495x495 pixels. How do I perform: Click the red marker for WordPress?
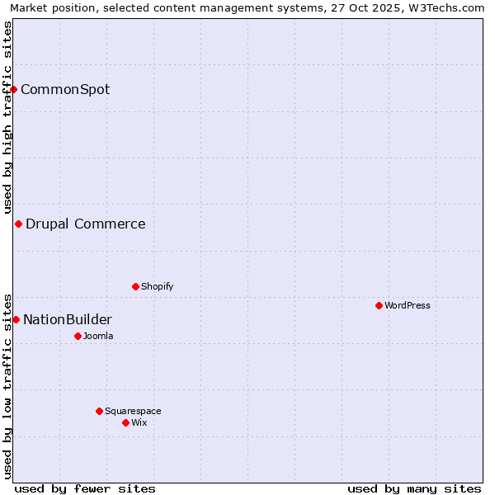pyautogui.click(x=379, y=305)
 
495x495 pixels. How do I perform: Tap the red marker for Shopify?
pyautogui.click(x=135, y=286)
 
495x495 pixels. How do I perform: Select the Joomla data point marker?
pyautogui.click(x=78, y=336)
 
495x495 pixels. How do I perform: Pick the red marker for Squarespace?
pyautogui.click(x=99, y=411)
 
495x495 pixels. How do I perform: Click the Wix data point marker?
pyautogui.click(x=125, y=422)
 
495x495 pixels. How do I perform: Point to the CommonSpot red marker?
pyautogui.click(x=14, y=89)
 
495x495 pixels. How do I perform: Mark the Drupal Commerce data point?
pyautogui.click(x=18, y=224)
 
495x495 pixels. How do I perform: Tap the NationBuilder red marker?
pyautogui.click(x=16, y=319)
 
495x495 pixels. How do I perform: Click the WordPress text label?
pyautogui.click(x=408, y=305)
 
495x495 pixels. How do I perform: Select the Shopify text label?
pyautogui.click(x=158, y=286)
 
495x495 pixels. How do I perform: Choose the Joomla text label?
pyautogui.click(x=98, y=336)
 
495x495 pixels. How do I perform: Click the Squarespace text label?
pyautogui.click(x=133, y=411)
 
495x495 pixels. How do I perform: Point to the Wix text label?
pyautogui.click(x=139, y=422)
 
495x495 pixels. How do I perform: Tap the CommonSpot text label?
pyautogui.click(x=65, y=89)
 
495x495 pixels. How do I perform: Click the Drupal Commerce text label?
pyautogui.click(x=86, y=224)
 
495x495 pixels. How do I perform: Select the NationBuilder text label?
pyautogui.click(x=68, y=319)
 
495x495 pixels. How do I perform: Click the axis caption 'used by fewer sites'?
pyautogui.click(x=85, y=488)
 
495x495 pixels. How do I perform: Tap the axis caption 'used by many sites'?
pyautogui.click(x=414, y=488)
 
